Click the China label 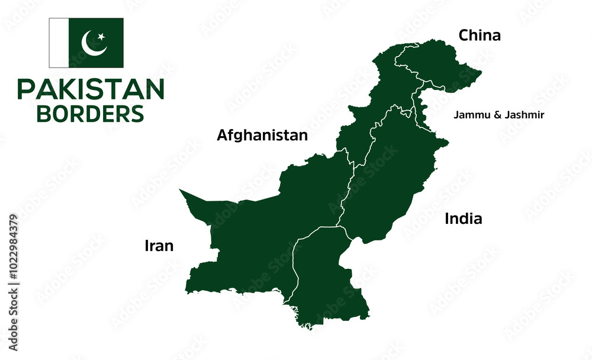[480, 36]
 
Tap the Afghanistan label [262, 136]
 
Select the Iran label [159, 246]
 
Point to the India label [464, 219]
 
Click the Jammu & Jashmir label [499, 115]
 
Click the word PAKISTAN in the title [91, 89]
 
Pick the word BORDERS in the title [91, 113]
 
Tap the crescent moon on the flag [94, 43]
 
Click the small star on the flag [101, 37]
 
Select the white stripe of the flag [59, 43]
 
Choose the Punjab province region [391, 172]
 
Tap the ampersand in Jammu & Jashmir [493, 115]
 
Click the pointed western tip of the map [181, 191]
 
